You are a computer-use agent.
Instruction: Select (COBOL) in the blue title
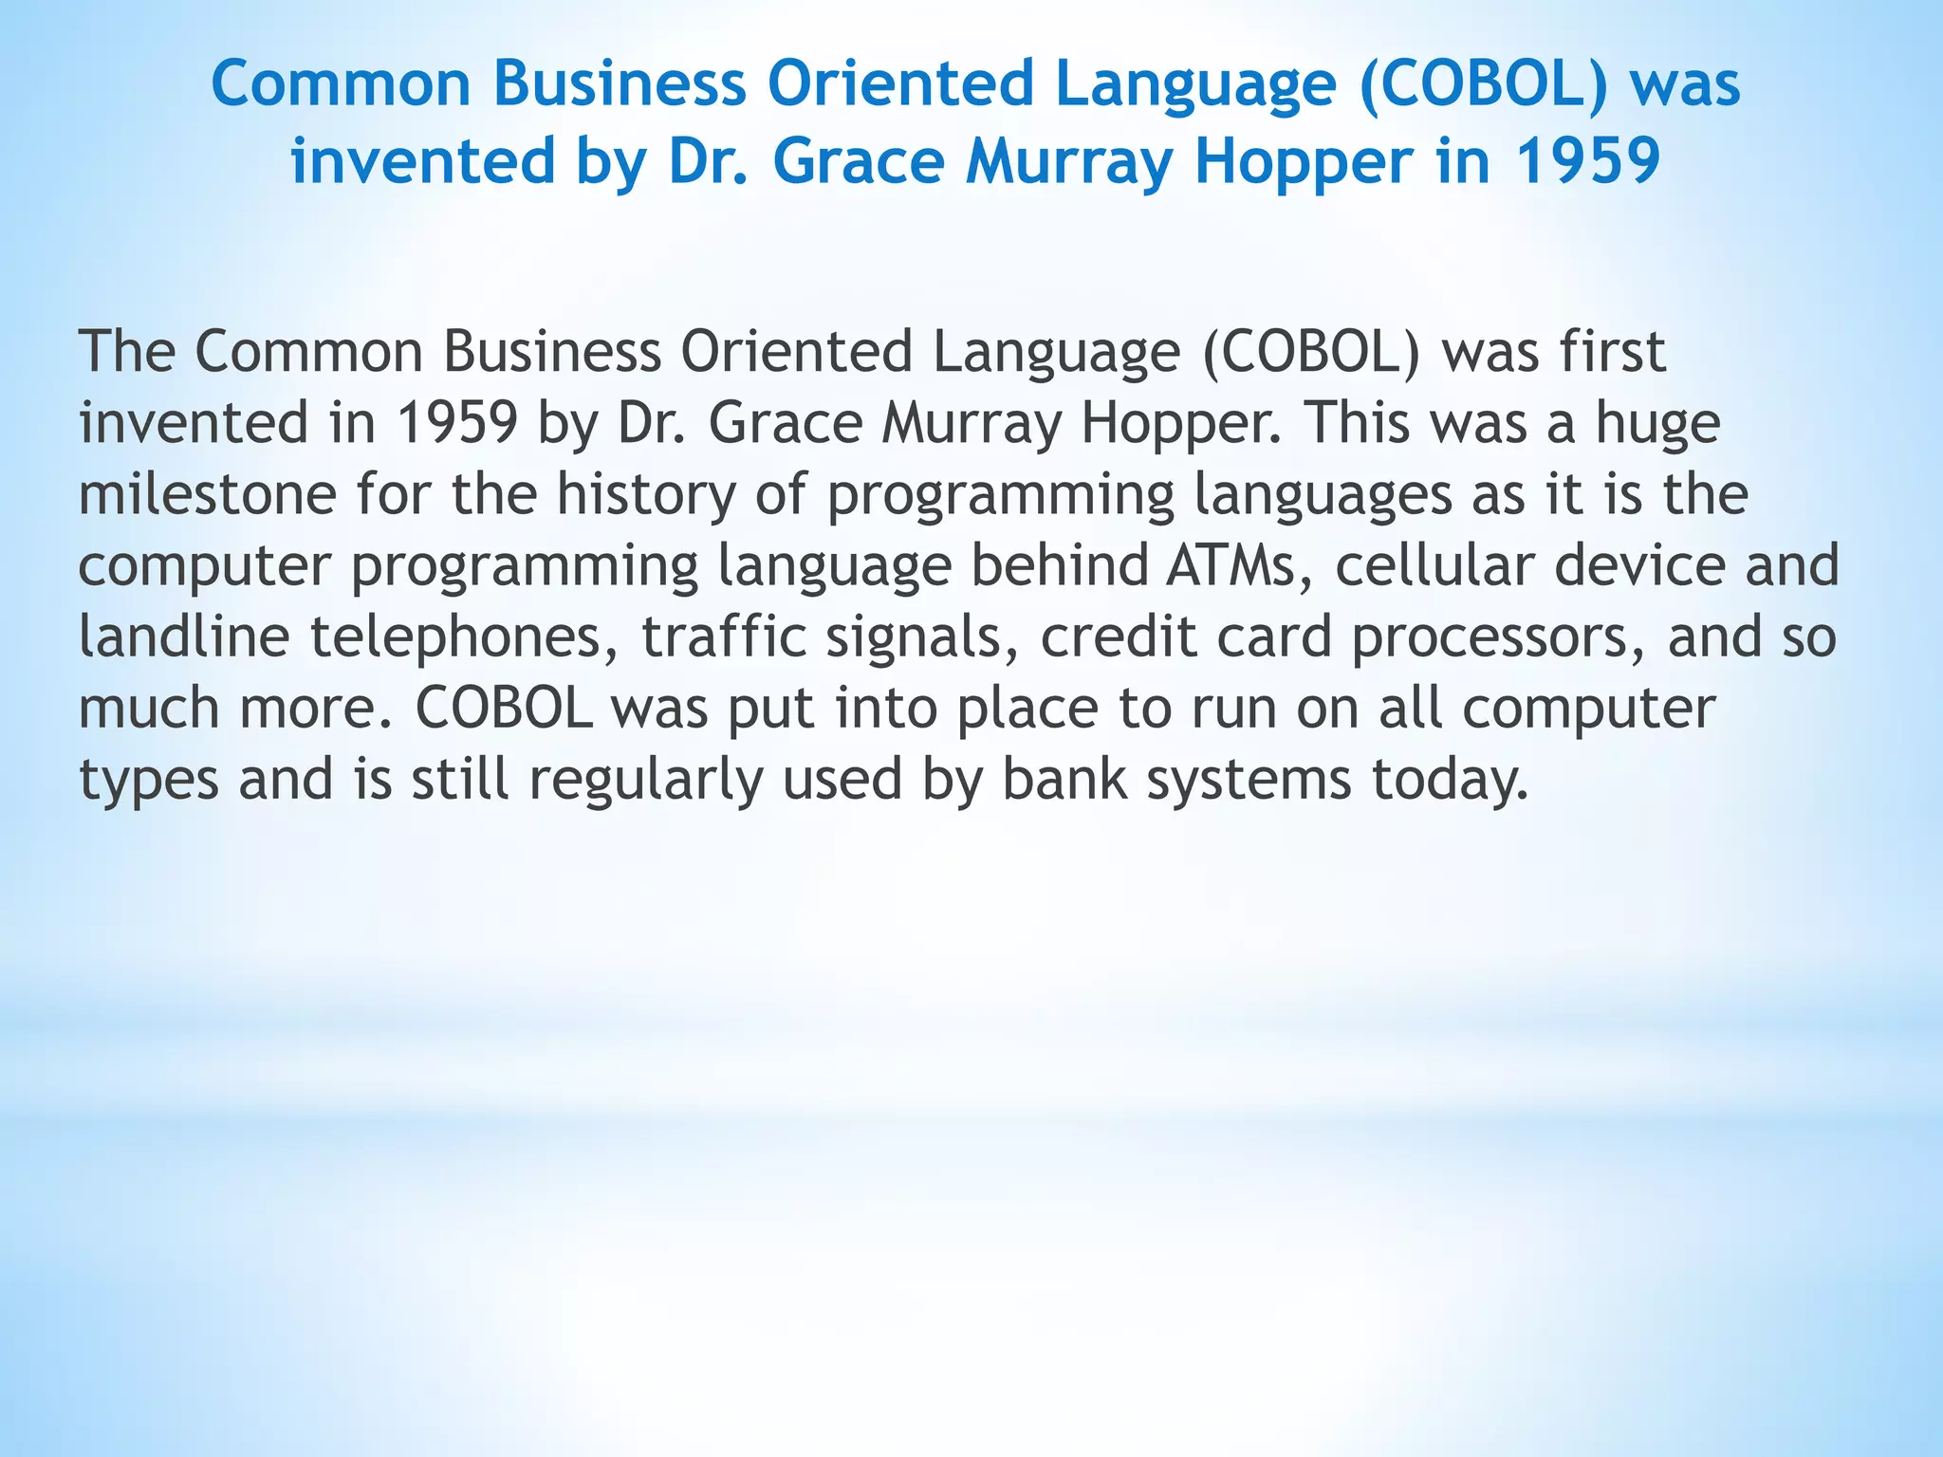coord(1484,84)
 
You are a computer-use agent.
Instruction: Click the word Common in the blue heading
coord(341,84)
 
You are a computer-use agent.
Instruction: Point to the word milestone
coord(207,495)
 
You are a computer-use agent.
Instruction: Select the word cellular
coord(1434,566)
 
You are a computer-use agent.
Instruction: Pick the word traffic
coord(724,637)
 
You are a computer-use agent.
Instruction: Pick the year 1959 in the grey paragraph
coord(456,424)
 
